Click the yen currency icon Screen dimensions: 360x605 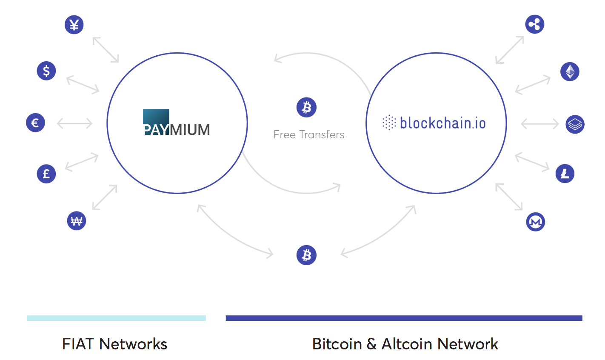tap(74, 25)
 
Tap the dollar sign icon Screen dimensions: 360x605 tap(46, 71)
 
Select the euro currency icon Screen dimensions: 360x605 tap(35, 123)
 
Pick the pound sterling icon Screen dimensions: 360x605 tap(46, 174)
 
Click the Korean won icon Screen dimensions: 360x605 tap(77, 221)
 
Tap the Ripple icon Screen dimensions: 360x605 tap(535, 24)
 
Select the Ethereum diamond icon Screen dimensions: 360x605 tap(570, 71)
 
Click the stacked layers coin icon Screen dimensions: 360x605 tap(575, 124)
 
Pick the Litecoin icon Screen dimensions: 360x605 tap(565, 174)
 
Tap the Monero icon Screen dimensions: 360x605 tap(535, 222)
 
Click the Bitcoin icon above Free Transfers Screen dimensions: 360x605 tap(306, 107)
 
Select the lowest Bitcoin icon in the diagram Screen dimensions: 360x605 tap(306, 255)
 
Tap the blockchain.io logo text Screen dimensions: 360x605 tap(442, 123)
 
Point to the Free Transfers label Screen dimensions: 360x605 tap(309, 135)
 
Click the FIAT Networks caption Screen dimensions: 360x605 tap(114, 344)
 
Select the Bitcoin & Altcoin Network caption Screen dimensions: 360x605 tap(405, 344)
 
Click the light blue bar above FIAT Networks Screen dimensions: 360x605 tap(116, 318)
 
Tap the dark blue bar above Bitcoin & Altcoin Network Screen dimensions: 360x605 tap(404, 318)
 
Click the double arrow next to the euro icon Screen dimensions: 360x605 tap(74, 123)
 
